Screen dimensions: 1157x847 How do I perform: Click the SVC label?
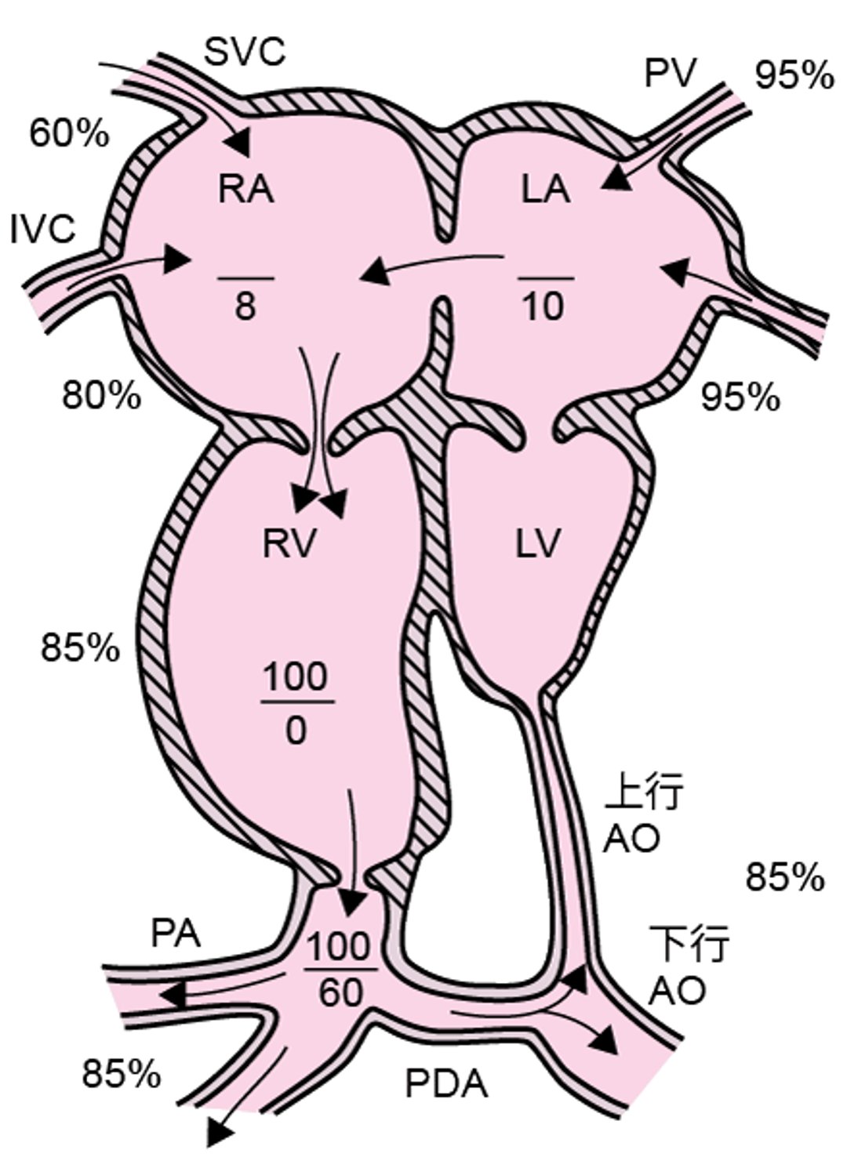pos(245,53)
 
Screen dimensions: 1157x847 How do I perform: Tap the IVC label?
pos(43,230)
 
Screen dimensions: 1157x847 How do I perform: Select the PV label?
pos(671,74)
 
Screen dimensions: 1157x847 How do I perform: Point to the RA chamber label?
pos(246,190)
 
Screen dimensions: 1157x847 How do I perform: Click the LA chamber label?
pos(546,190)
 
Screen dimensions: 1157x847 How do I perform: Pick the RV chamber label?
pos(289,544)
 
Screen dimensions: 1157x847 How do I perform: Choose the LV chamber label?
pos(539,544)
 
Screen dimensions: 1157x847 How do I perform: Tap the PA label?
pos(176,934)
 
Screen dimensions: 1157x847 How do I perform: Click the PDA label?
pos(446,1086)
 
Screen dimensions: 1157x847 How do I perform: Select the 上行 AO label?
pos(643,815)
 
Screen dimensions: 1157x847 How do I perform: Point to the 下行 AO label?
pos(689,966)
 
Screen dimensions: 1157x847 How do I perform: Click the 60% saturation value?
pos(69,134)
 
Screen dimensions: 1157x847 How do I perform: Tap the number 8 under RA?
pos(245,306)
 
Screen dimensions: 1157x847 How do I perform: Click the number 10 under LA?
pos(543,306)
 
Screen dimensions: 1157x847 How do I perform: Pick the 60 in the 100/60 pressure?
pos(341,993)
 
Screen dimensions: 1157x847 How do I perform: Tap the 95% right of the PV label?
pos(794,75)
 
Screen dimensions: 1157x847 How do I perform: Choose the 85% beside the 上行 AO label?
pos(784,877)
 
